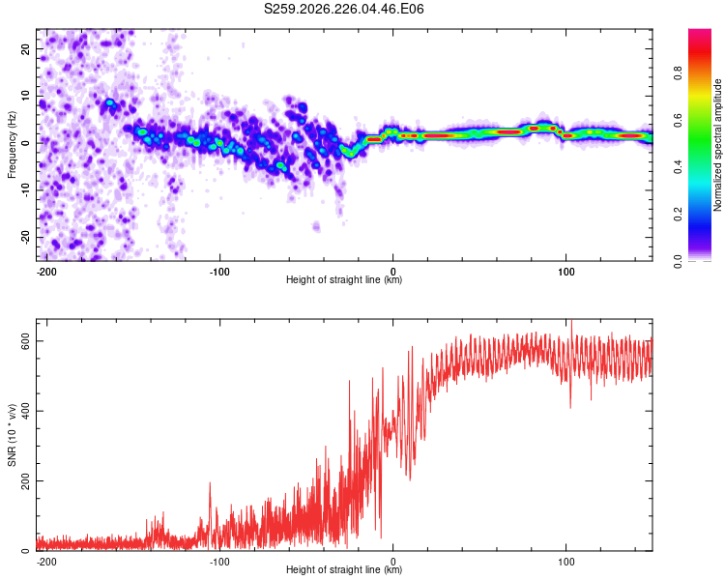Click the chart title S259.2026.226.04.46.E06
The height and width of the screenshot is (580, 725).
(x=343, y=9)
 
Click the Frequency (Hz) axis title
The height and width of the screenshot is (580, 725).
(x=12, y=145)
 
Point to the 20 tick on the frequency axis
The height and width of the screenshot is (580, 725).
(x=25, y=48)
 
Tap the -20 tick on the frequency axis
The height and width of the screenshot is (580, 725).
(x=25, y=238)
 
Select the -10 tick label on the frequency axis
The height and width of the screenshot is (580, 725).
(x=25, y=190)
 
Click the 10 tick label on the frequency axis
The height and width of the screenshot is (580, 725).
(x=25, y=96)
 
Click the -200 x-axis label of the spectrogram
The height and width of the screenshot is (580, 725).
(x=46, y=272)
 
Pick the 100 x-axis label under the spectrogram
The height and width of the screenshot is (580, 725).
(x=565, y=272)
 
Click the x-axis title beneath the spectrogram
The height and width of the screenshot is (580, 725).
(x=344, y=279)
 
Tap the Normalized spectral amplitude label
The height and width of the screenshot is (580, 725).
(x=717, y=145)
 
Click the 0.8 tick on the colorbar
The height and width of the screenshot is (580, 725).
(x=678, y=73)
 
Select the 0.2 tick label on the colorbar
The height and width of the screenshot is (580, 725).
(x=678, y=215)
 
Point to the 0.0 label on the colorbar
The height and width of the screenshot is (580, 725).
(x=678, y=261)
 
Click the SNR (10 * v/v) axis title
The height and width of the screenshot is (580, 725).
(x=12, y=435)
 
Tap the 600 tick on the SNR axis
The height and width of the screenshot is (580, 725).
(x=25, y=341)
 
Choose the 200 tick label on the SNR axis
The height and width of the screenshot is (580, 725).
(x=25, y=481)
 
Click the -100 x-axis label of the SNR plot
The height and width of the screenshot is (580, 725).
(x=219, y=562)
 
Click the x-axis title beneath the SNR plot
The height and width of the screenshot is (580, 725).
(x=344, y=569)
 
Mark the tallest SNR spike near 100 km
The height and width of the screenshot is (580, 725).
(x=572, y=321)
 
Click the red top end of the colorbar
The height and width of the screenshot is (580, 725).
(x=700, y=31)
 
